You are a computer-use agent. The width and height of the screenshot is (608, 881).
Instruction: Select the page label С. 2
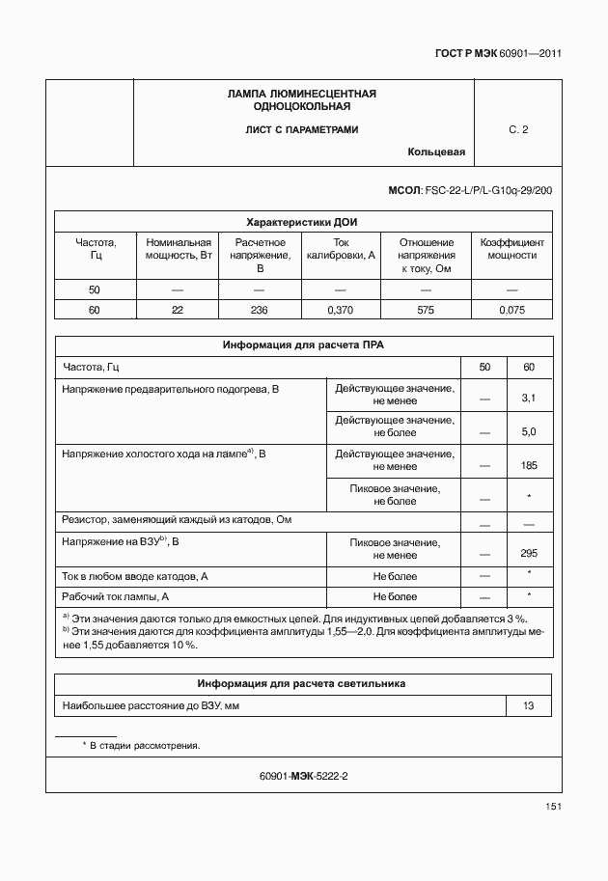[x=518, y=129]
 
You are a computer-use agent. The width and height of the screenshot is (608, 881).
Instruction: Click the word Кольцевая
[x=436, y=152]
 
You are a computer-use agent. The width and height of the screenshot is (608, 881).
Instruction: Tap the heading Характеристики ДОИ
[x=302, y=222]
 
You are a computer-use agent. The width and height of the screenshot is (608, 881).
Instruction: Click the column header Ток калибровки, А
[x=340, y=249]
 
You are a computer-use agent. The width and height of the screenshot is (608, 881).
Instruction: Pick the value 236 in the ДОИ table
[x=260, y=310]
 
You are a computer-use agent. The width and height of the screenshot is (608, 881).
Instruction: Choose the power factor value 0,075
[x=511, y=310]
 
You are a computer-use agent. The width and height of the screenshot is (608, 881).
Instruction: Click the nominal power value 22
[x=178, y=310]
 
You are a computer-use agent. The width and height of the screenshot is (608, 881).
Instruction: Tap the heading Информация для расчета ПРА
[x=302, y=344]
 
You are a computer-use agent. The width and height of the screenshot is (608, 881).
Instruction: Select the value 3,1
[x=528, y=398]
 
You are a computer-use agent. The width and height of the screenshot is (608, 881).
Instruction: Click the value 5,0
[x=528, y=431]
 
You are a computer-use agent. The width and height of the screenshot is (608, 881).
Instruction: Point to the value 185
[x=528, y=465]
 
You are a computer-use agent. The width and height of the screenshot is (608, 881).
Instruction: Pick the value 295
[x=528, y=553]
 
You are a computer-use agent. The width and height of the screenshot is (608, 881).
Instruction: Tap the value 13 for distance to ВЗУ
[x=528, y=706]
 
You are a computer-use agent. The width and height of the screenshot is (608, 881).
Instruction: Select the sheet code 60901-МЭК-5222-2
[x=303, y=776]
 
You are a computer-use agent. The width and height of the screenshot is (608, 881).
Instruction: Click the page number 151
[x=552, y=807]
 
